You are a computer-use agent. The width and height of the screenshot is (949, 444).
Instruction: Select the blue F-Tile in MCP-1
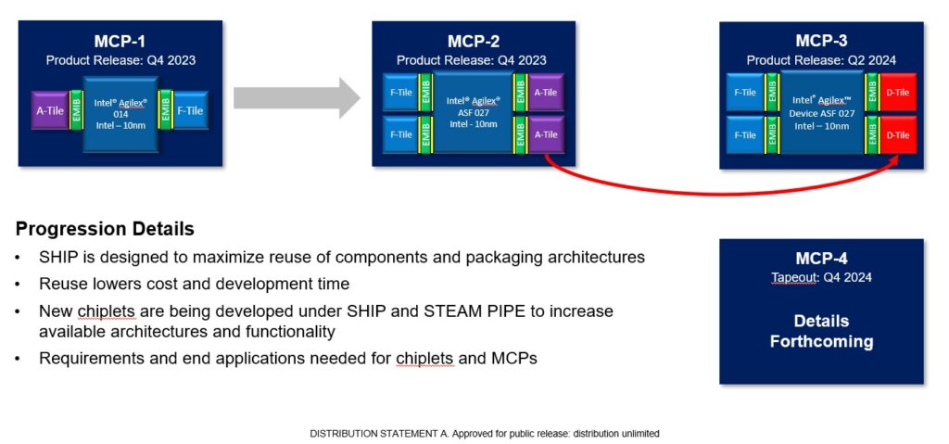[x=189, y=110]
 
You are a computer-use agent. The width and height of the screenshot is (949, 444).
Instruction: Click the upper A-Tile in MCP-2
[x=546, y=92]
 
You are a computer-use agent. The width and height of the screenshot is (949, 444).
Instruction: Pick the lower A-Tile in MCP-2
[x=546, y=134]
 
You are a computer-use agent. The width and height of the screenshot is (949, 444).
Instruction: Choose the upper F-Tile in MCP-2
[x=400, y=92]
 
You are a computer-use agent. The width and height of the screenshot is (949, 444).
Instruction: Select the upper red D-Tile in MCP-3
[x=897, y=92]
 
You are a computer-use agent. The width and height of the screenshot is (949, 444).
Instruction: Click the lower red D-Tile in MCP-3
[x=897, y=134]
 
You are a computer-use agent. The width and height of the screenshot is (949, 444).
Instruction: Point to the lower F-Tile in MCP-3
[x=745, y=134]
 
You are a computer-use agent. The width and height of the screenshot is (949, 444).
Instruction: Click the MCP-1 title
[x=120, y=41]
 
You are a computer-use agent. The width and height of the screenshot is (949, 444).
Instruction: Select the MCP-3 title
[x=821, y=41]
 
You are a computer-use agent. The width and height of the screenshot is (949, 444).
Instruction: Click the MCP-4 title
[x=821, y=259]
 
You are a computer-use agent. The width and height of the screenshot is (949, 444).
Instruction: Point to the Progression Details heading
[x=105, y=229]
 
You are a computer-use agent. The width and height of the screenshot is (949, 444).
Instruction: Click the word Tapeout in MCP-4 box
[x=794, y=277]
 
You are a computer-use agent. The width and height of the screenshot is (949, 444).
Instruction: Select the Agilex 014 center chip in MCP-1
[x=120, y=116]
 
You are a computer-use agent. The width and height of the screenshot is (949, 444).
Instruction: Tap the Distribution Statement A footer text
[x=485, y=433]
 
